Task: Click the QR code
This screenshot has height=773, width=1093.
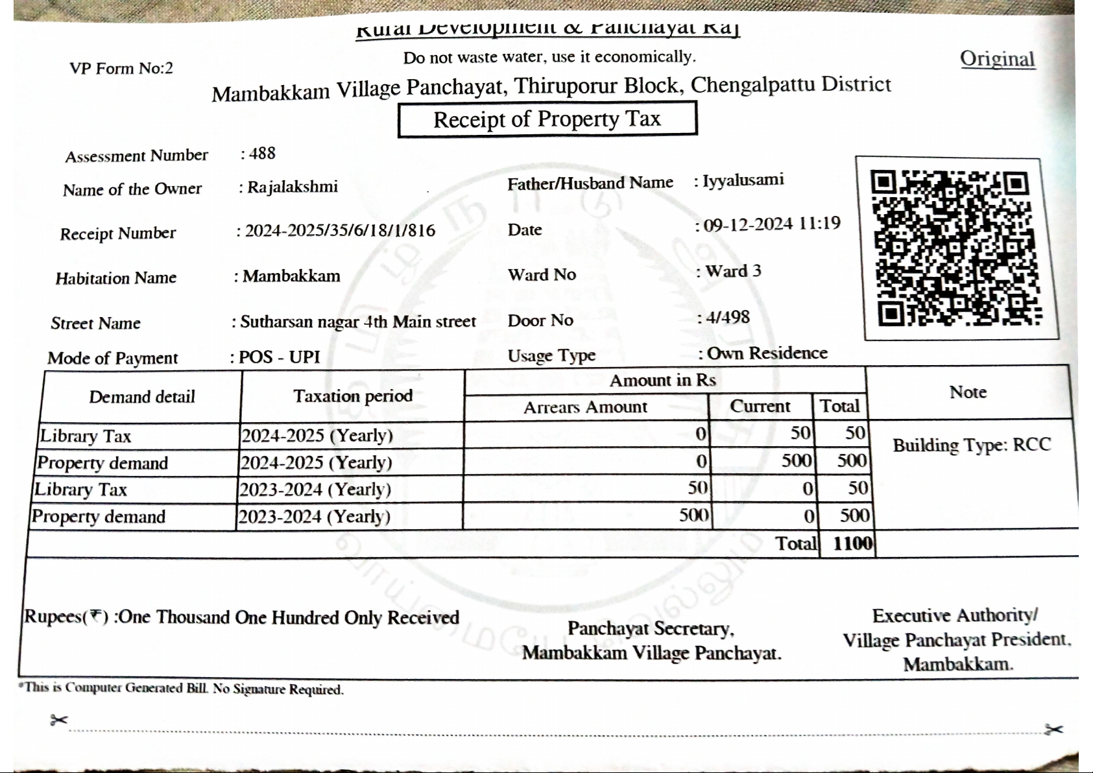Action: point(956,248)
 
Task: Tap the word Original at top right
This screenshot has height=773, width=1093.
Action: point(997,59)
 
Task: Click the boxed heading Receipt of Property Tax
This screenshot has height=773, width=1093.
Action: point(547,119)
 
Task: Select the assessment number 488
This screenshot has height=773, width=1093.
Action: point(262,154)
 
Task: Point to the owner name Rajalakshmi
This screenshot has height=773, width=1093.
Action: point(293,187)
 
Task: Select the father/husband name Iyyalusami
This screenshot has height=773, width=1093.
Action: point(743,180)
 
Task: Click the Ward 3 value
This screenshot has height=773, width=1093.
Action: point(733,271)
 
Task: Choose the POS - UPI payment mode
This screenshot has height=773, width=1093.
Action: point(279,357)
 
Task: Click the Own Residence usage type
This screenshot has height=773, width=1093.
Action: point(767,353)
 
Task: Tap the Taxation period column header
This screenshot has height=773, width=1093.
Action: point(353,396)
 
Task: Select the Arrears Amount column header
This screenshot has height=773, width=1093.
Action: point(585,407)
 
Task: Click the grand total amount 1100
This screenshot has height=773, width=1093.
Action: point(852,543)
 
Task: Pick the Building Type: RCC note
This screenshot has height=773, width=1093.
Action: point(971,445)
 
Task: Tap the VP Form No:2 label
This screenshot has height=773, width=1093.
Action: point(121,68)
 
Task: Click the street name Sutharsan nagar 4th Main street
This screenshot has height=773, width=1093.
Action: point(358,322)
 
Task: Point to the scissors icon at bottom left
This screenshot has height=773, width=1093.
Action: point(58,720)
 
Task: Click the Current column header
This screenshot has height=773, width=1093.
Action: point(760,407)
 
